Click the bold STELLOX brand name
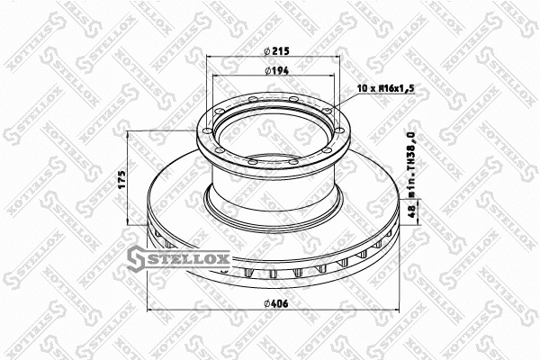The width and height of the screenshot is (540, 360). click(194, 262)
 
